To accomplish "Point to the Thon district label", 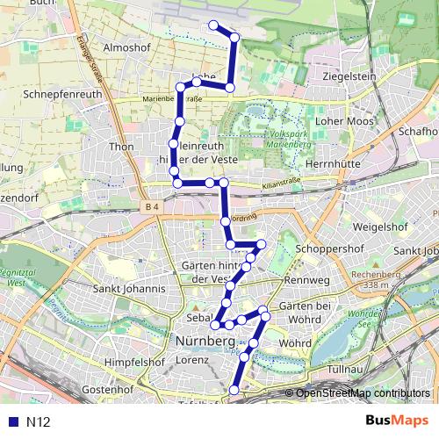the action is tap(121, 147).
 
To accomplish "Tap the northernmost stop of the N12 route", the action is tap(212, 25).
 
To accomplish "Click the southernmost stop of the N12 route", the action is tap(234, 390).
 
